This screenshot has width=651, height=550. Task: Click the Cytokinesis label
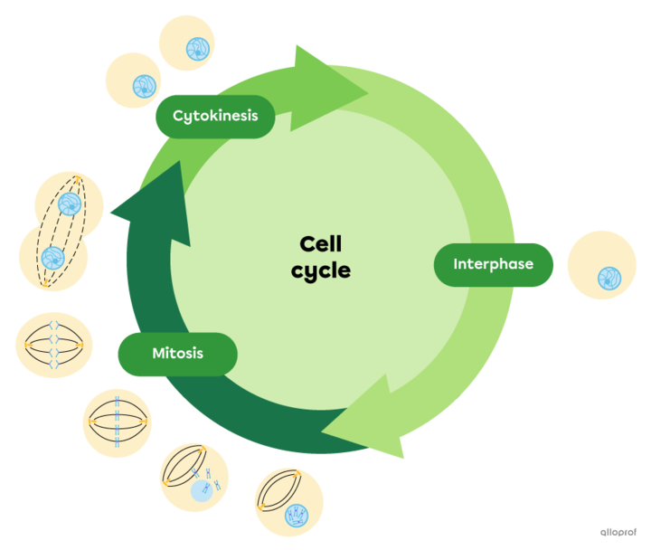click(215, 116)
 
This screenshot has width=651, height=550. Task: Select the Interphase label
click(493, 265)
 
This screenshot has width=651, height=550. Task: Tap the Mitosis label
click(177, 354)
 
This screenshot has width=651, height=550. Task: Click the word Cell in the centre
click(321, 244)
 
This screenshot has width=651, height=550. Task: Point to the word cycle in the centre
click(321, 270)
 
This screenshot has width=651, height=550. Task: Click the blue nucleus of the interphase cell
click(609, 277)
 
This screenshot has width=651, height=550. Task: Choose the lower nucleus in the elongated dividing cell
click(52, 256)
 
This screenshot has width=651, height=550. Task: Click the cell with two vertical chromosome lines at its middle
click(119, 422)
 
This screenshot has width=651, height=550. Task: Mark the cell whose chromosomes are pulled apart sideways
click(53, 346)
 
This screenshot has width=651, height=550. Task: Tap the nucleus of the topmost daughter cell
click(195, 48)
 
